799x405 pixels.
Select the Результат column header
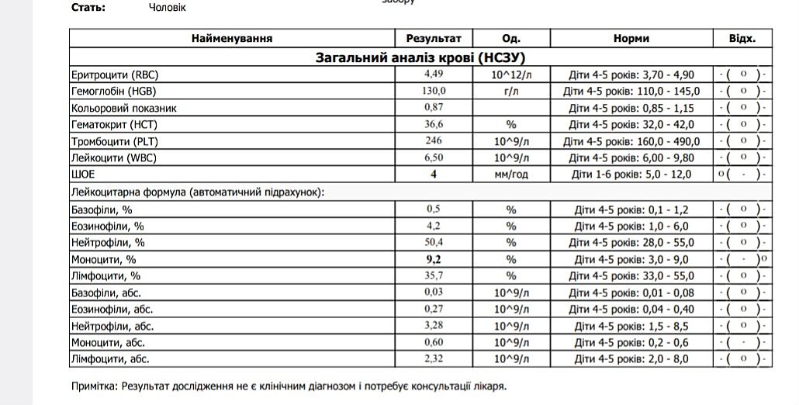[433, 38]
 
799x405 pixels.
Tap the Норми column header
[631, 38]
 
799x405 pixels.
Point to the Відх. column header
[742, 38]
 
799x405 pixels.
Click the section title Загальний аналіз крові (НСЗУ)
[422, 57]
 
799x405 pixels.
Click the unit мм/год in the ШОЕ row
[510, 175]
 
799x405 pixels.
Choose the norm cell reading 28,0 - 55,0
[631, 243]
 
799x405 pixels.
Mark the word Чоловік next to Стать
[166, 8]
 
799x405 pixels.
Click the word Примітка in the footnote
[93, 386]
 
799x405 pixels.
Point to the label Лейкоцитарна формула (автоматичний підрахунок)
[198, 192]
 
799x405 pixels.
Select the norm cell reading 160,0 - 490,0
[631, 141]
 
